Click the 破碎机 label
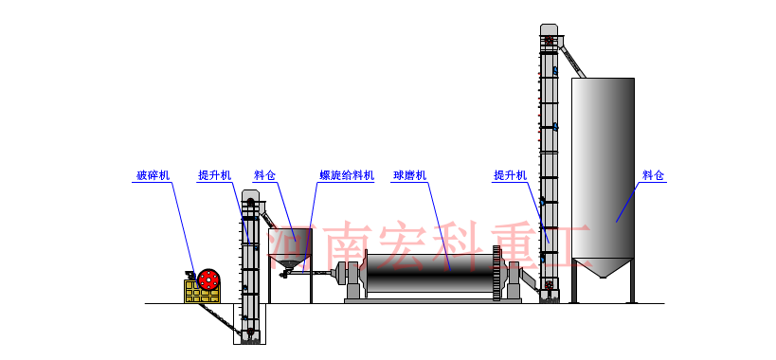point(153,175)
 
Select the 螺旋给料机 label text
point(347,175)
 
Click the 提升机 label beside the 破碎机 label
point(214,175)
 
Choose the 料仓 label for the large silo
point(654,175)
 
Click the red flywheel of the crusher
point(208,280)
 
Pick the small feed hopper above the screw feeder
point(290,244)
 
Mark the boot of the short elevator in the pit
point(250,333)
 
